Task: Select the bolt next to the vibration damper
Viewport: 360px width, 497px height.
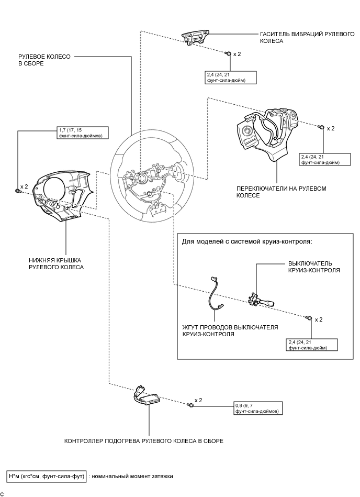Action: tap(228, 54)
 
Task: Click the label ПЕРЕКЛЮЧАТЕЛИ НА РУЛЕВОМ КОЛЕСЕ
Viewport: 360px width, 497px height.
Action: tap(282, 192)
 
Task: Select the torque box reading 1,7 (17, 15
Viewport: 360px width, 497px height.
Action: tap(83, 132)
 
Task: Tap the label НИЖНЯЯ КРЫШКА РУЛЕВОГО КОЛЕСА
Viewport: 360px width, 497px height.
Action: tap(56, 263)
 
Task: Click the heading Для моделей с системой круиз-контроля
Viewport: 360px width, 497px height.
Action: tap(247, 241)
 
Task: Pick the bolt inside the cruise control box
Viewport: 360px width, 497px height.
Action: tap(309, 318)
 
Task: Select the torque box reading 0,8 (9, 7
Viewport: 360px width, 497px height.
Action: tap(257, 408)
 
